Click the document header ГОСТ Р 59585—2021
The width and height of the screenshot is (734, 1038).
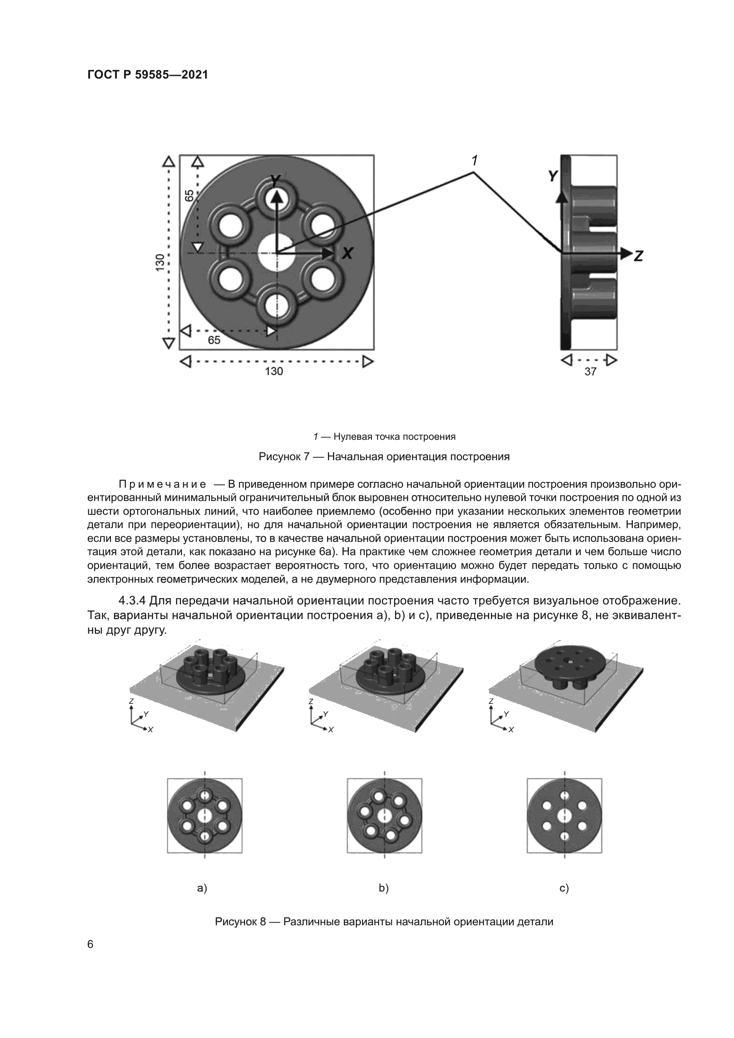pyautogui.click(x=147, y=75)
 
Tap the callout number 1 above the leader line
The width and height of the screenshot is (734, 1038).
pyautogui.click(x=474, y=160)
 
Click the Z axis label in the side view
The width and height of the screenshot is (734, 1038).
pyautogui.click(x=638, y=256)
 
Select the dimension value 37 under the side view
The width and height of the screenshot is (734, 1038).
pyautogui.click(x=590, y=371)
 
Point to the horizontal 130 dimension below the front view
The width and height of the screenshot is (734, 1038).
pyautogui.click(x=274, y=371)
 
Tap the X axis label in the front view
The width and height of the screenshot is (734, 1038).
pyautogui.click(x=347, y=253)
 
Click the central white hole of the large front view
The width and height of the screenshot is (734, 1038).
pyautogui.click(x=274, y=253)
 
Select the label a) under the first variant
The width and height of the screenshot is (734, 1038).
pyautogui.click(x=202, y=888)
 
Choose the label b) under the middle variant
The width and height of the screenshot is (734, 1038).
pyautogui.click(x=384, y=888)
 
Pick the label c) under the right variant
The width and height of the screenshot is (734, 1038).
pyautogui.click(x=564, y=888)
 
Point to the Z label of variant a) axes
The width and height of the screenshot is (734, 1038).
pyautogui.click(x=131, y=701)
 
